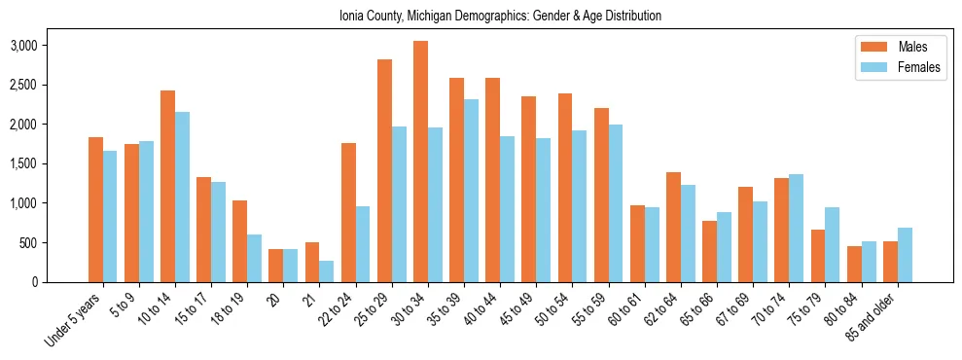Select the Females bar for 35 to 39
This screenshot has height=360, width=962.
(x=472, y=191)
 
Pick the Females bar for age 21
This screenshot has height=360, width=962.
(x=327, y=271)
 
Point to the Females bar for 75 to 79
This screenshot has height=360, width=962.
(x=833, y=244)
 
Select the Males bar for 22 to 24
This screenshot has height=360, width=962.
(x=348, y=213)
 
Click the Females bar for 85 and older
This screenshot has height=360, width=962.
(x=905, y=255)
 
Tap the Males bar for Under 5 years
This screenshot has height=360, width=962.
(x=95, y=210)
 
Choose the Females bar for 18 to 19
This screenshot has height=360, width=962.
(x=255, y=258)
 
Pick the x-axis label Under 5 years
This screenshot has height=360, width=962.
(x=75, y=321)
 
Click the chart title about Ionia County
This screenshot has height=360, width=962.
(x=500, y=16)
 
